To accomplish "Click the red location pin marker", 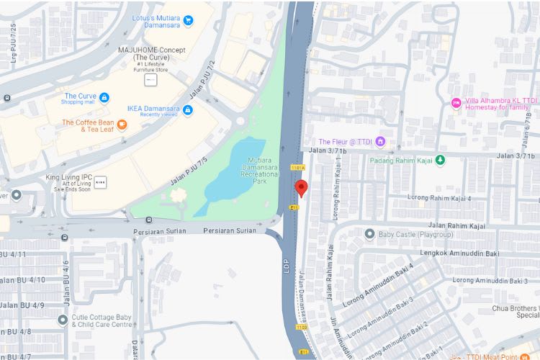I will pos(302,189).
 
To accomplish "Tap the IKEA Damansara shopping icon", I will pos(188,109).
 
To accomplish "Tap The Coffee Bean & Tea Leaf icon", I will pos(122,125).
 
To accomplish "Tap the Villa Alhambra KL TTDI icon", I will pos(456,103).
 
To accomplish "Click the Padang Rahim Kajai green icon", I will pos(440,159).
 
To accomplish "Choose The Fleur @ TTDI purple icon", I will pos(380,142).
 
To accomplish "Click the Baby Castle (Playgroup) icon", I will pos(369,234).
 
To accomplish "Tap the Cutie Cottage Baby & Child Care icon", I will pos(63,320).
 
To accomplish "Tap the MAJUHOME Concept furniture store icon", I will pos(150,80).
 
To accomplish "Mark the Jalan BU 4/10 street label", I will pos(22,280).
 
